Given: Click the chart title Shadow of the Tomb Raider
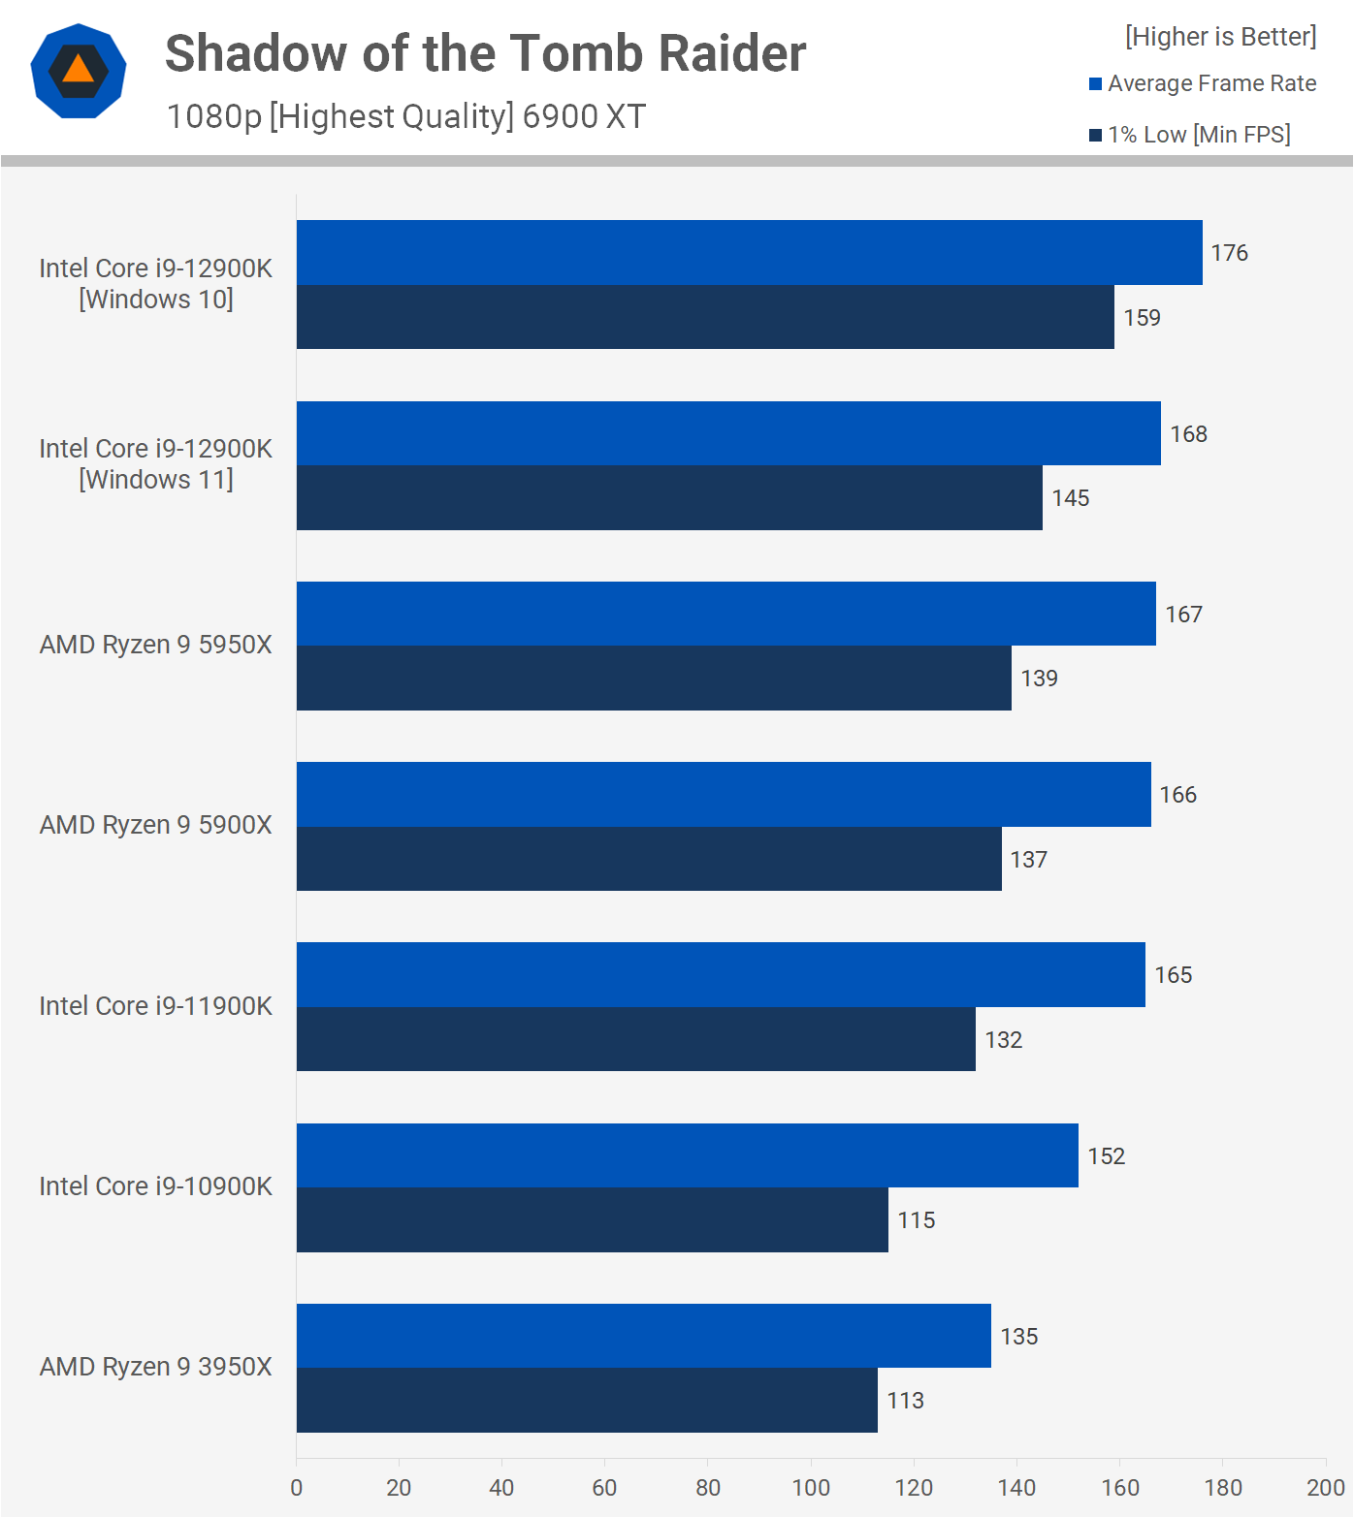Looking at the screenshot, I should coord(485,53).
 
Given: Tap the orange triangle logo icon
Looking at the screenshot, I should coord(79,71).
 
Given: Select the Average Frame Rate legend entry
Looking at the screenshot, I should coord(1203,84).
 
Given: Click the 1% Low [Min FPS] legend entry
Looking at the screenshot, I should coord(1190,135).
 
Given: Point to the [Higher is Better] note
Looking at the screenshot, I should coord(1220,37).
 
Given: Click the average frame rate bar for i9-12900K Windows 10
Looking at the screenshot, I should coord(749,253).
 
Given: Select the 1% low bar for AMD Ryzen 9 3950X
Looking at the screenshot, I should coord(587,1400).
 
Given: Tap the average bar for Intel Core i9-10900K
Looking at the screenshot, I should coord(687,1155).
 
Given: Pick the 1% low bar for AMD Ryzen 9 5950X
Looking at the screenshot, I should coord(654,678).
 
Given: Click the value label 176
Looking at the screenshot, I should coord(1229,253).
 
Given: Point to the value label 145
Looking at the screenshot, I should coord(1070,498).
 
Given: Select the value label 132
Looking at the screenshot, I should coord(1003,1040).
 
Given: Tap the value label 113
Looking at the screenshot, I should coord(905,1401).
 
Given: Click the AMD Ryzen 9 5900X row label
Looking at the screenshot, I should coord(155,825).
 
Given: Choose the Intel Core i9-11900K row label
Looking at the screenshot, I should coord(155,1006).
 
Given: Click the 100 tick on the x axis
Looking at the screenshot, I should coord(810,1488).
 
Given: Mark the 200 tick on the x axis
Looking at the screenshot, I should coord(1325,1488).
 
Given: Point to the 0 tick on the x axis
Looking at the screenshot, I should coord(297,1488).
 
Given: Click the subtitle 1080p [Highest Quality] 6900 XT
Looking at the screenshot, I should coord(405,117).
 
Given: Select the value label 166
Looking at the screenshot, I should coord(1177,795).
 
